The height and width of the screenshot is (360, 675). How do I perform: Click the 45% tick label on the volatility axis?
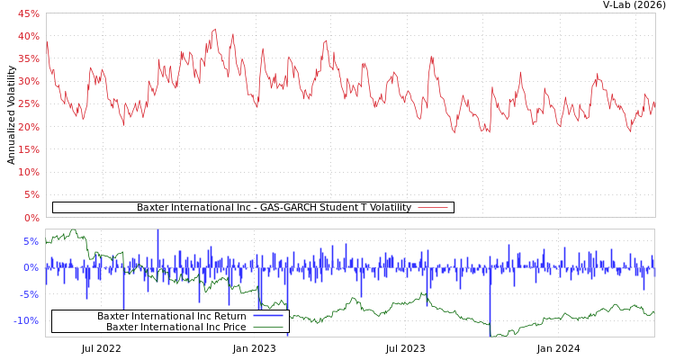pos(28,13)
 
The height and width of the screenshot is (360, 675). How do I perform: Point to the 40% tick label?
pos(28,36)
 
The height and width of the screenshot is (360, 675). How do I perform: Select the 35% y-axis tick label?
pos(28,58)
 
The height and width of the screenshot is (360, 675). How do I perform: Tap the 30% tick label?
pos(28,81)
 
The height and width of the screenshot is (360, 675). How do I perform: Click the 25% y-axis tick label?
pos(28,104)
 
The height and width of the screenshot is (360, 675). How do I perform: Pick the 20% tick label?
pos(28,127)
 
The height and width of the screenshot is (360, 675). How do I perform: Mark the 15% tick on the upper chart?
pos(28,149)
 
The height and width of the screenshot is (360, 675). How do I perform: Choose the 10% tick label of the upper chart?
pos(28,172)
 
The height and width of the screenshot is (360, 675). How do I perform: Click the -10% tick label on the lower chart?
pos(26,320)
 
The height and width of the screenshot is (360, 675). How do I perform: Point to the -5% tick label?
pos(29,294)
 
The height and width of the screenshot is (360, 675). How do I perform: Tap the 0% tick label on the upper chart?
pos(31,218)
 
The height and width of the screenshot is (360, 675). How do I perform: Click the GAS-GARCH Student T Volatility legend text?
pos(274,208)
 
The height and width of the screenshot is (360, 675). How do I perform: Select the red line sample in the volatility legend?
pos(433,208)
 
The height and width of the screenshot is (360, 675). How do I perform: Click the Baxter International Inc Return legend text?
pos(171,316)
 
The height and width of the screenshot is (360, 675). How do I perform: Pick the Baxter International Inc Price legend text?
pos(176,327)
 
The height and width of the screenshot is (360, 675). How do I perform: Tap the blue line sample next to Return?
pos(268,316)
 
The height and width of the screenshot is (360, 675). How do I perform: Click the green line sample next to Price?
pos(268,327)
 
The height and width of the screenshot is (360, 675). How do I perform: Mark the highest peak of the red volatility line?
pos(214,29)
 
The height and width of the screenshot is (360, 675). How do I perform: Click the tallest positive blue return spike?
pos(157,232)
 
